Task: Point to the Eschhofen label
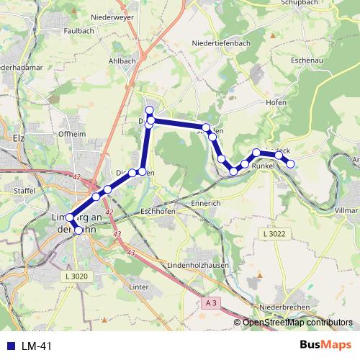pyautogui.click(x=159, y=212)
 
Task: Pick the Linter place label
pyautogui.click(x=138, y=287)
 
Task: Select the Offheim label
pyautogui.click(x=72, y=134)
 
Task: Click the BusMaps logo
pyautogui.click(x=325, y=346)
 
